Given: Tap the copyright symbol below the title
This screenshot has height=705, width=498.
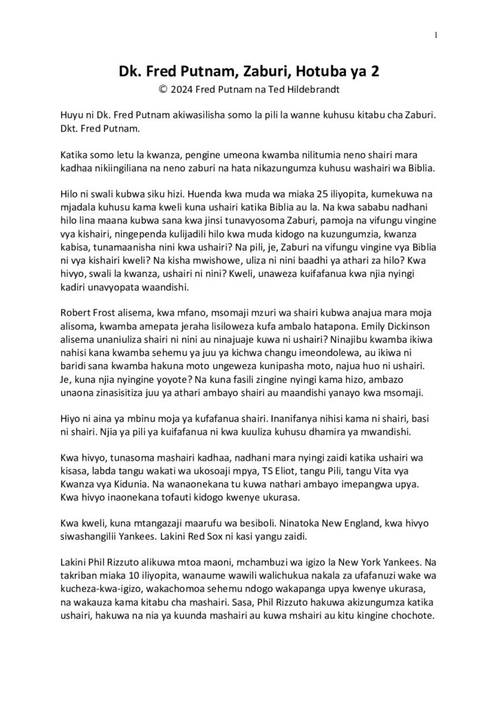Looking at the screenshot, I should click(x=163, y=89).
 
